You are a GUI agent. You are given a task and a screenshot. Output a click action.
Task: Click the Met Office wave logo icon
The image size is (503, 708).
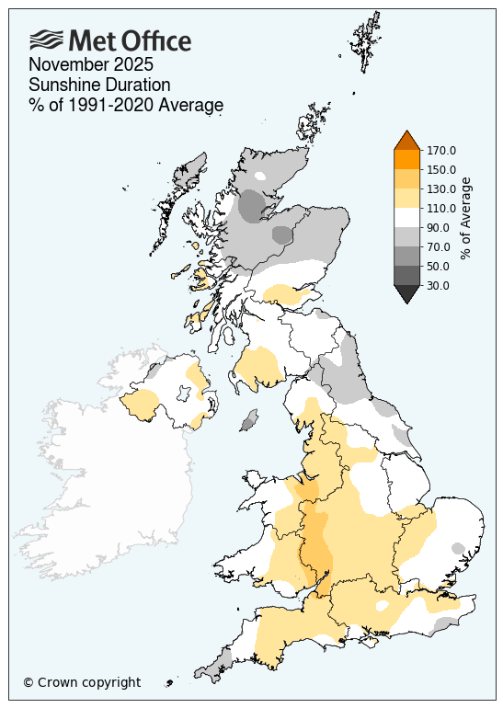click(47, 40)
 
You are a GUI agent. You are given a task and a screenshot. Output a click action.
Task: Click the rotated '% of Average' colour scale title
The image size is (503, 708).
click(467, 218)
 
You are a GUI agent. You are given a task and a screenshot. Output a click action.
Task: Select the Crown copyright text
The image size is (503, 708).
click(82, 682)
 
